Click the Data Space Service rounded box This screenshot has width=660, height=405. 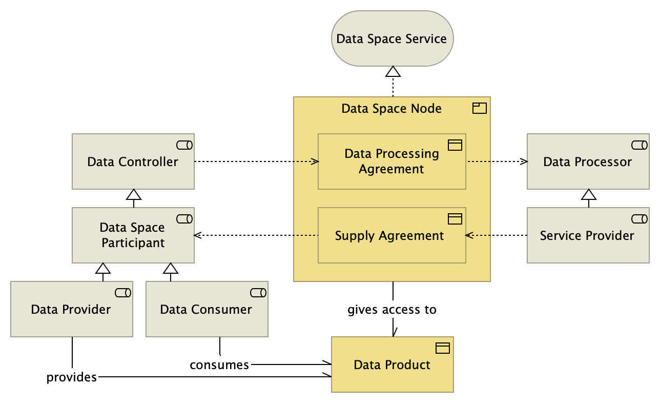392,38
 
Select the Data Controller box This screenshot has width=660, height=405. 133,162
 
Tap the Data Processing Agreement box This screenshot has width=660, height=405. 391,161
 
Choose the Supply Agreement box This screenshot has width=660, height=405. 391,235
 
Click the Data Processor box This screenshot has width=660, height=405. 588,162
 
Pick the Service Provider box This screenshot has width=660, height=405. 588,235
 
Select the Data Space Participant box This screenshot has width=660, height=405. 133,235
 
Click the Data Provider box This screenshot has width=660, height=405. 71,309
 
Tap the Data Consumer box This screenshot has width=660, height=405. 207,309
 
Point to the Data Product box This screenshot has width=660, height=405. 392,364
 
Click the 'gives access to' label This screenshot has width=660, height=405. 392,310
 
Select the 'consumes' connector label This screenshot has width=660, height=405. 219,365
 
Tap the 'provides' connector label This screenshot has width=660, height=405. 72,377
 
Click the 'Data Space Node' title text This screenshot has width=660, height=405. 391,109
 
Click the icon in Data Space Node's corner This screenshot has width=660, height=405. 479,108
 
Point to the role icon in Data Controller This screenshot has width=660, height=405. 184,145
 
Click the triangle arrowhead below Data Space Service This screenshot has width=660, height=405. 393,71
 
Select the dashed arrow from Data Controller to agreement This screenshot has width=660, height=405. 256,161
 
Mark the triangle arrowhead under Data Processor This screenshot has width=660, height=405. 588,194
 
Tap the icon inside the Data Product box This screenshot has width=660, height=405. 442,349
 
